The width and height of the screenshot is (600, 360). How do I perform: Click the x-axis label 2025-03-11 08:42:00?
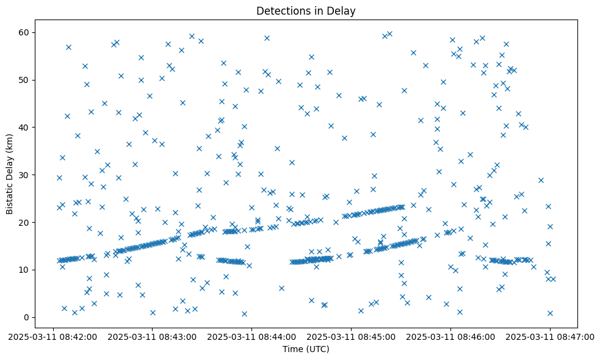tap(53, 336)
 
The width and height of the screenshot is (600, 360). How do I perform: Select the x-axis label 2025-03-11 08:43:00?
tap(153, 336)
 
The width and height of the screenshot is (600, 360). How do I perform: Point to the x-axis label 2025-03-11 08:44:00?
tap(252, 336)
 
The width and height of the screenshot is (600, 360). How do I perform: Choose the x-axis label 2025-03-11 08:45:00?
tap(352, 336)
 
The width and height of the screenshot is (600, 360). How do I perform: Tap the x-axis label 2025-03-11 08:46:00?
tap(451, 336)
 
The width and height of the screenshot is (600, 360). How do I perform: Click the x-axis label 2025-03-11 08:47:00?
tap(551, 336)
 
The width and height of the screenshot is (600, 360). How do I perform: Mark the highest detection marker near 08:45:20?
tap(389, 34)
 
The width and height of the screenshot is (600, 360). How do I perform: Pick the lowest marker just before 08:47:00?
tap(550, 313)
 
